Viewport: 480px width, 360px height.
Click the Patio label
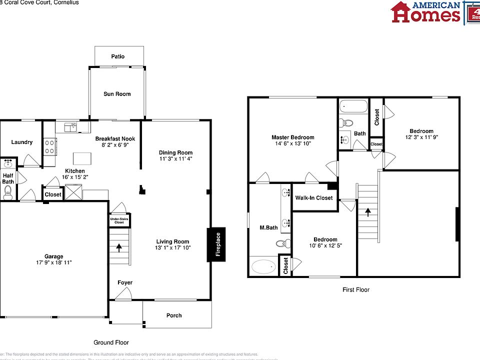[118, 56]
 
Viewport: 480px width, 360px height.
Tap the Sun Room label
[117, 94]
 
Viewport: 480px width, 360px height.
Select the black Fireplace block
[217, 244]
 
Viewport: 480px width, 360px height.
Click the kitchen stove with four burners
[50, 145]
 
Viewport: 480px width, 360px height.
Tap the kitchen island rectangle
[83, 158]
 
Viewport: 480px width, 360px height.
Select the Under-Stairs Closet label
[119, 219]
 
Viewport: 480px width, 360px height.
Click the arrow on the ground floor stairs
[119, 246]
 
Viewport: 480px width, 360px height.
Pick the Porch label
[174, 315]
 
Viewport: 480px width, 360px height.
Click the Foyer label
[125, 283]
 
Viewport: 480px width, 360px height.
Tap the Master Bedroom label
[292, 137]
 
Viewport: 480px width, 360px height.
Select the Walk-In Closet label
[313, 198]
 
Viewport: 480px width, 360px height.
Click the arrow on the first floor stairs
[368, 212]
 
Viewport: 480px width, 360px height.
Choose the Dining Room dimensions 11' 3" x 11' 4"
[175, 159]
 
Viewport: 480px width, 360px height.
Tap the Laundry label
[22, 142]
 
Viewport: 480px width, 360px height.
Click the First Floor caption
[356, 289]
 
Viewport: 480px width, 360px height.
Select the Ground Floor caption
[111, 342]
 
